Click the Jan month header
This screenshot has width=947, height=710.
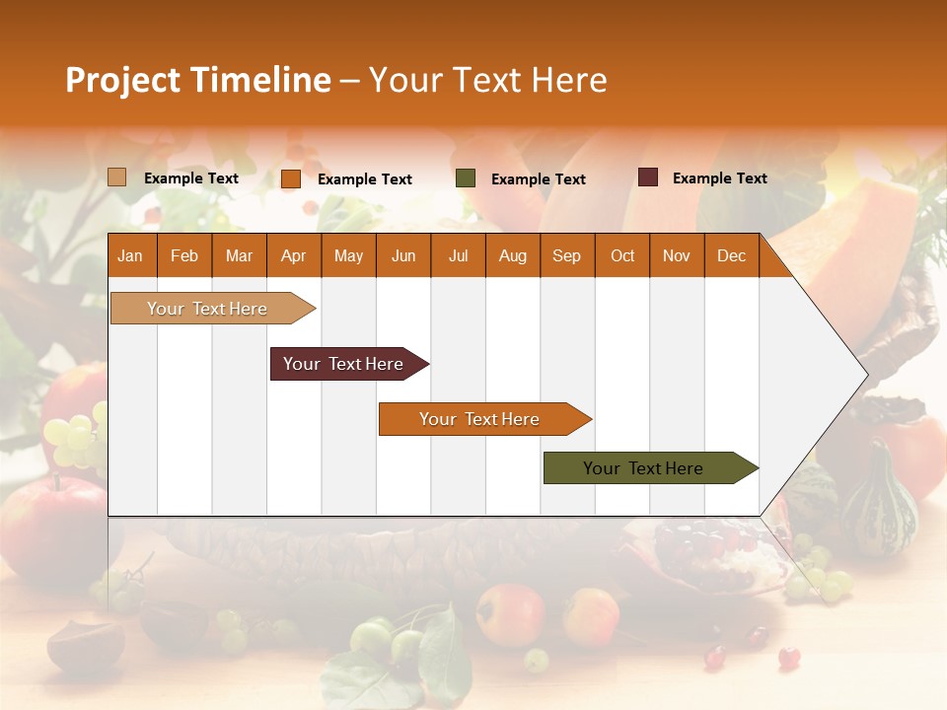pos(130,256)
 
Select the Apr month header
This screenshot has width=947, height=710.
pos(293,256)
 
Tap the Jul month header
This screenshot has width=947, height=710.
pos(458,256)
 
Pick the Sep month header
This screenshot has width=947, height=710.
pos(566,256)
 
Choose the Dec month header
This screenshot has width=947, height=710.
pos(731,256)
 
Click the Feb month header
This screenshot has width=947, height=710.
pos(184,256)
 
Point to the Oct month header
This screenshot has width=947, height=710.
pos(622,256)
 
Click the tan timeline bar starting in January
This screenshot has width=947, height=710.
pos(207,309)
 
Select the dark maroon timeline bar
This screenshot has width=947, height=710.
pos(343,364)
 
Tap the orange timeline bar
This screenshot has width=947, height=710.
pos(479,419)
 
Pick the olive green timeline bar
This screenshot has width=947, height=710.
pos(643,468)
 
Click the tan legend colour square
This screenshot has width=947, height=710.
pos(117,177)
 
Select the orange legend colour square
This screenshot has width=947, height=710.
pos(291,178)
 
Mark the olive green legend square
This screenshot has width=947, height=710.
pos(466,178)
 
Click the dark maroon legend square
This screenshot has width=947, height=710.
pos(648,177)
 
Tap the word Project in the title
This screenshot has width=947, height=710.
pos(122,80)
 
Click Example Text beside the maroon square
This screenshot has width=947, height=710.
pos(719,178)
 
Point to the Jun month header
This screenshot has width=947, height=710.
pos(403,256)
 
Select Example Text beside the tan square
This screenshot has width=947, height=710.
pos(190,178)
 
